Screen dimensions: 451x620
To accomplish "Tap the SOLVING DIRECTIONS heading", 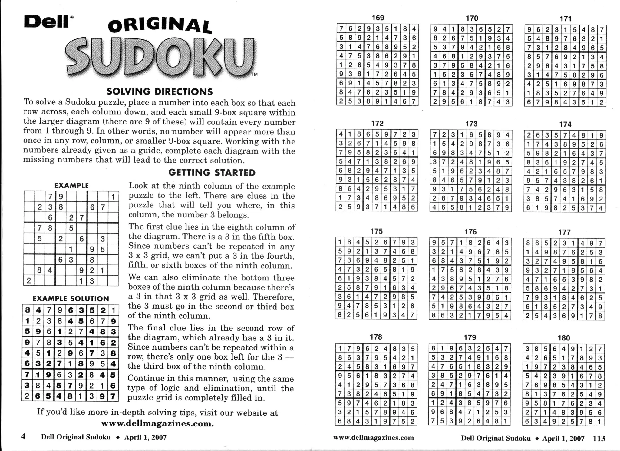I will tap(160, 91).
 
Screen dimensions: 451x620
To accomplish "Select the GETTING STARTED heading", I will tap(212, 173).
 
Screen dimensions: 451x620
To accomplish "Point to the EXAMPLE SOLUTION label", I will tap(71, 299).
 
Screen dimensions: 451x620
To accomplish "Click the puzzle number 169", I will tap(378, 18).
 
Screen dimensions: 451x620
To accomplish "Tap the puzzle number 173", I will tap(471, 124).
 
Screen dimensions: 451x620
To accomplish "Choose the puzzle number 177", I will tap(564, 232).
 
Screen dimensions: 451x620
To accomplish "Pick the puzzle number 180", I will tap(564, 338).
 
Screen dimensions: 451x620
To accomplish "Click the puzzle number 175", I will tap(377, 231).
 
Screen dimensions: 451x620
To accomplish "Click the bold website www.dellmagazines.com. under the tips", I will tap(157, 423).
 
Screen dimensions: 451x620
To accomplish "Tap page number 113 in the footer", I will tap(599, 438).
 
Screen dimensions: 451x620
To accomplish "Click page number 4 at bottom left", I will tap(23, 436).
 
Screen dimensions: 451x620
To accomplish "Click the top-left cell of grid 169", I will tap(341, 28).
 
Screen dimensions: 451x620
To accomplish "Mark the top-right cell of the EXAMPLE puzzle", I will tap(113, 197).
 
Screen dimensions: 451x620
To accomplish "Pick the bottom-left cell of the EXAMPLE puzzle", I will tap(29, 281).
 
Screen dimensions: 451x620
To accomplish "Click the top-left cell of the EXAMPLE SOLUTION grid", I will tap(28, 310).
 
